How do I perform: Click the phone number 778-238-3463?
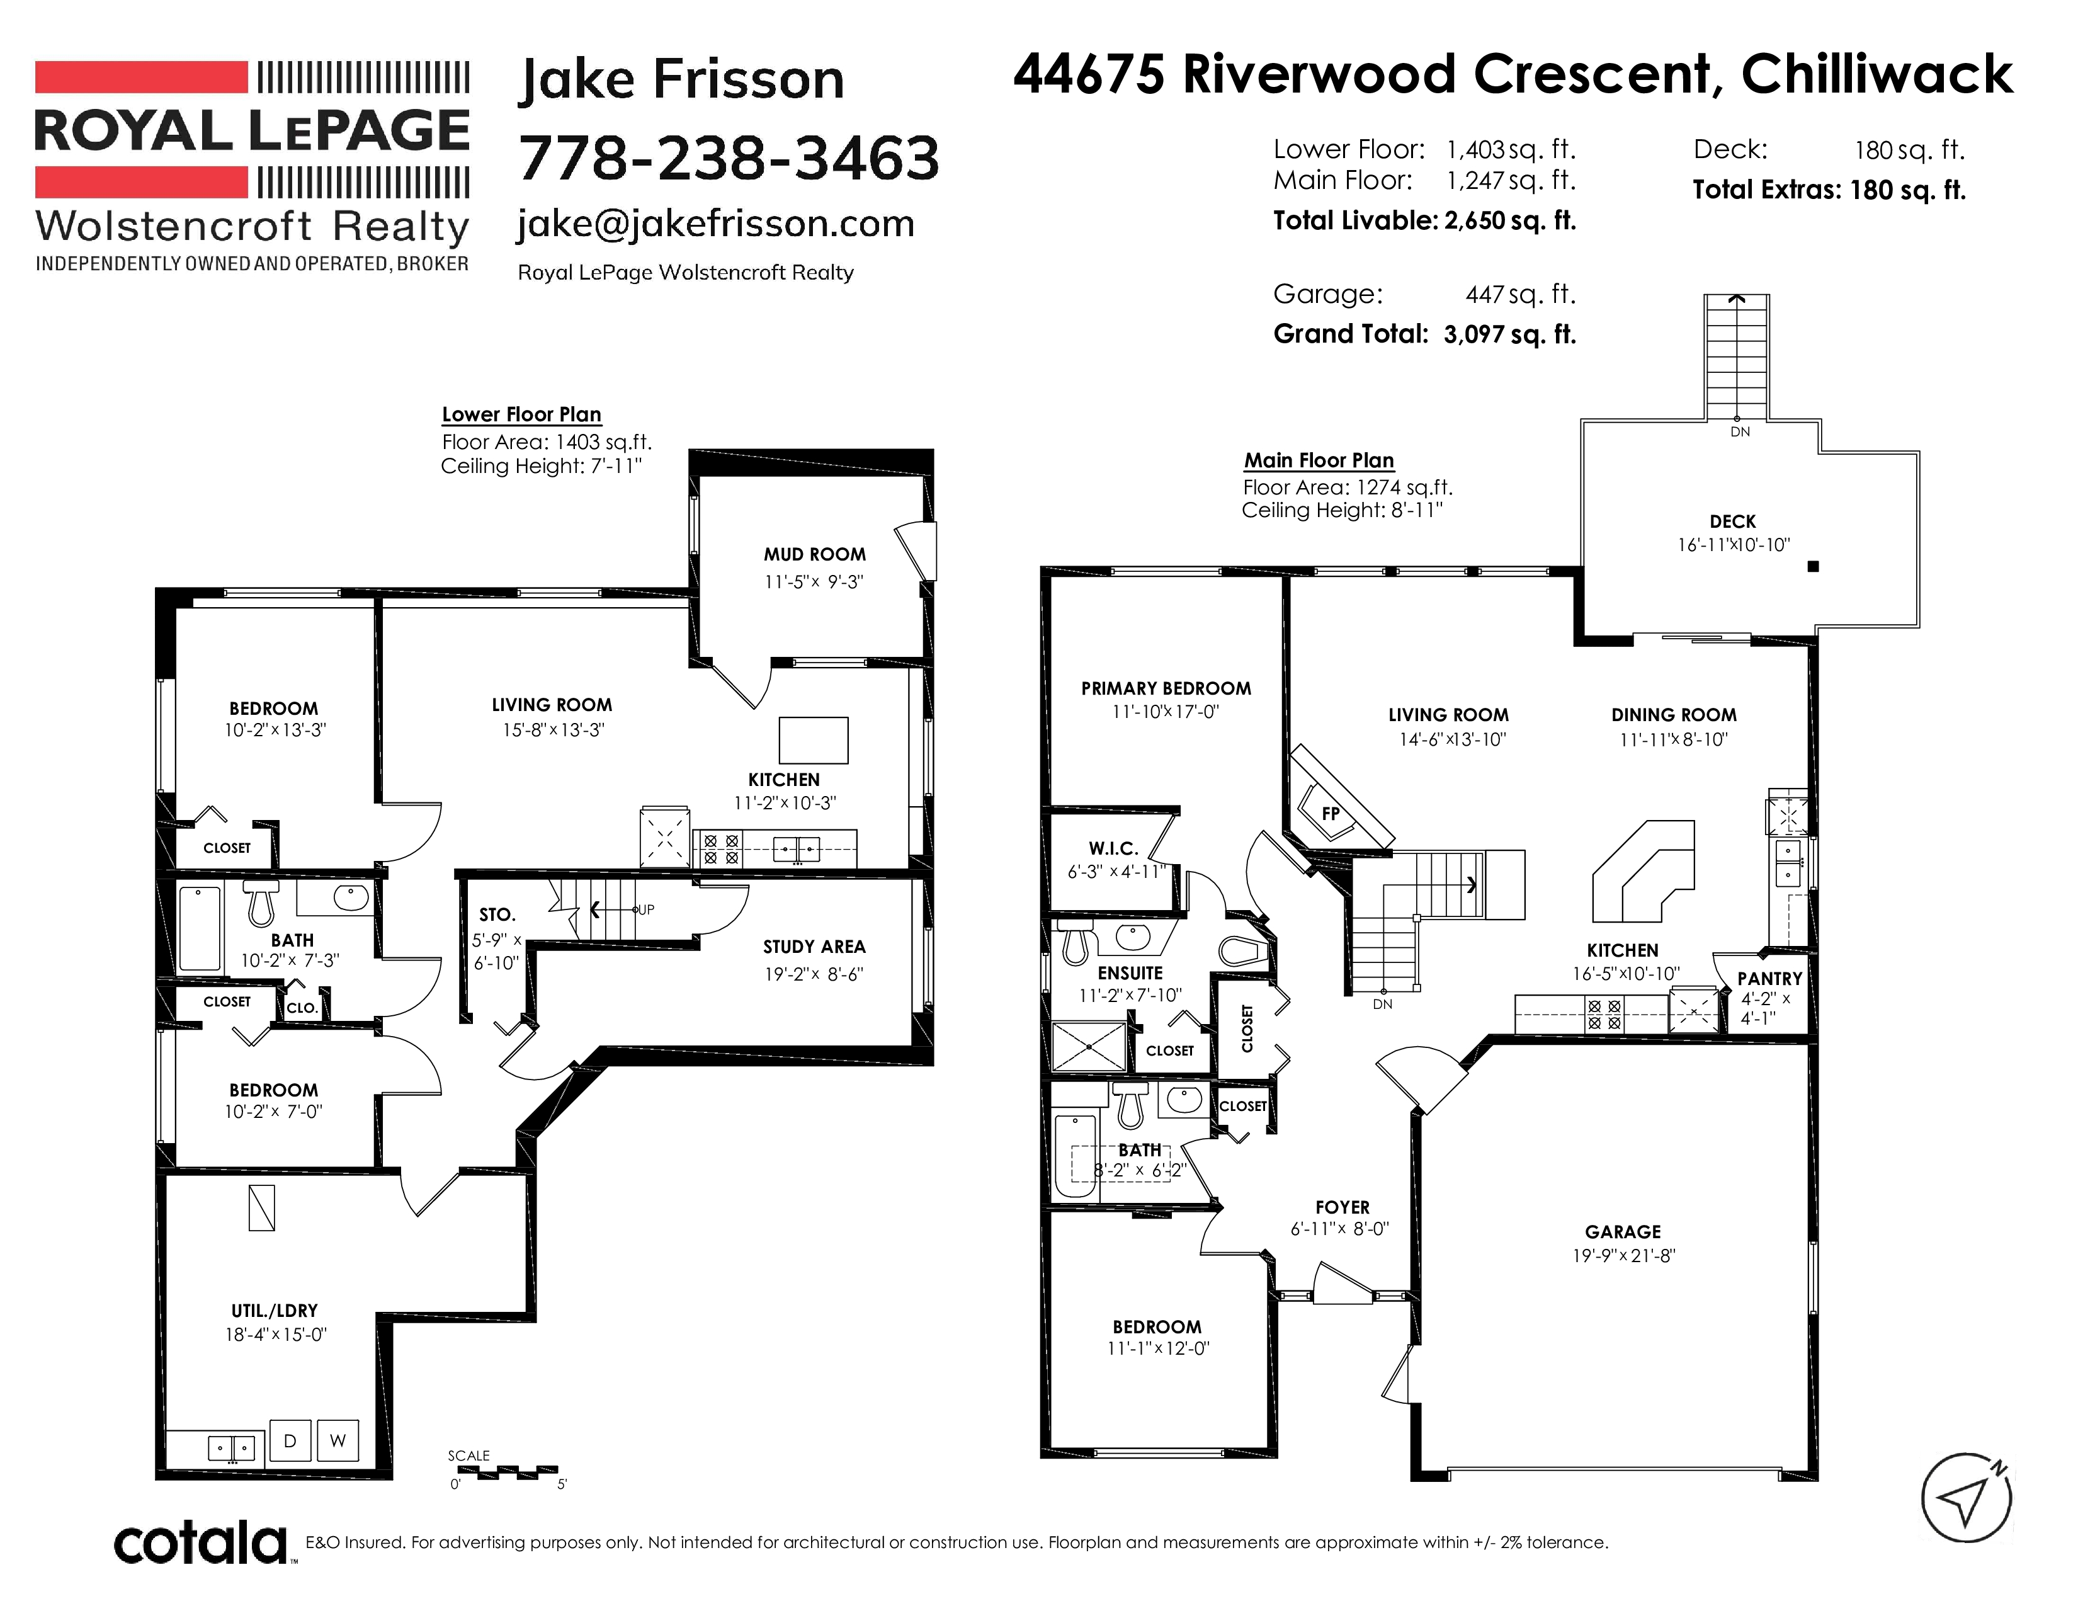(728, 158)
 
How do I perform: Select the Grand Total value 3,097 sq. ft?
(1510, 334)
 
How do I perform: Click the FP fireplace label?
(1330, 814)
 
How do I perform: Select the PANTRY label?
(1769, 978)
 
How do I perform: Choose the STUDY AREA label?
(814, 947)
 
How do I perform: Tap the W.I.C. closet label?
(1113, 849)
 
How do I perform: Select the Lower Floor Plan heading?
(521, 415)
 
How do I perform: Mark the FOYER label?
(1343, 1207)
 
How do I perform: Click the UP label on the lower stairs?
(646, 909)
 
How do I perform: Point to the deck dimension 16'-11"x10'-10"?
(1734, 545)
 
